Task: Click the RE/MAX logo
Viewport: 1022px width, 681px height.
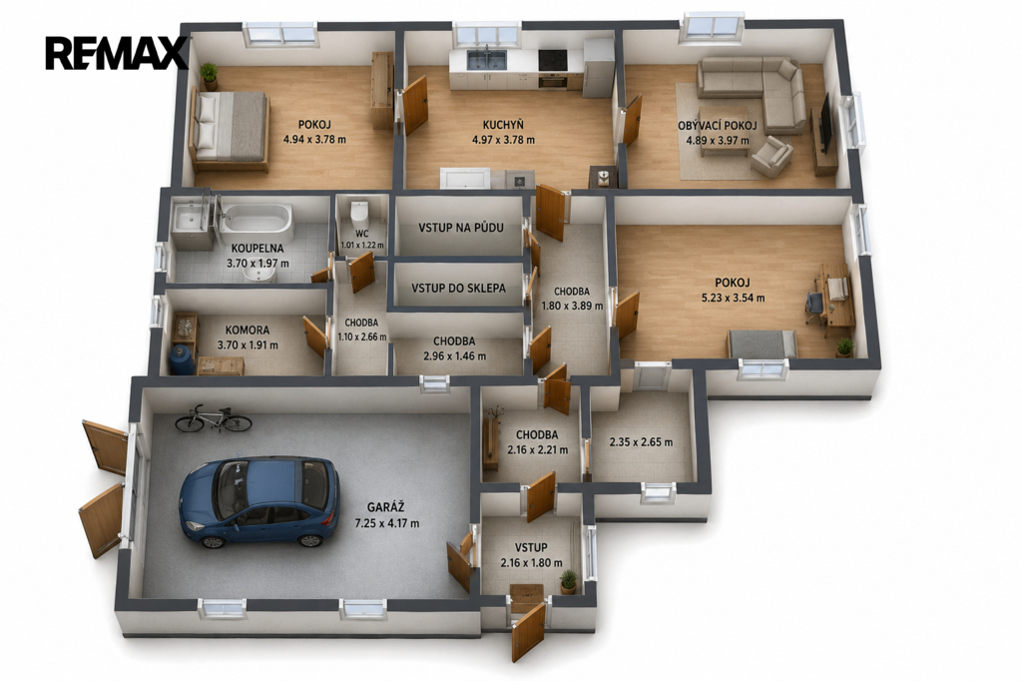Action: (x=116, y=53)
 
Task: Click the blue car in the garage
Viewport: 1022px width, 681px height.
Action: (x=259, y=502)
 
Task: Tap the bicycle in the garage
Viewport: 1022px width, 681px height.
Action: (x=214, y=418)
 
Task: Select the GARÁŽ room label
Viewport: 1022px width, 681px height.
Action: (x=386, y=507)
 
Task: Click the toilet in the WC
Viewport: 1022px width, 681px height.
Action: (x=359, y=212)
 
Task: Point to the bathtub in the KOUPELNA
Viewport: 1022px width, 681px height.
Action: (x=255, y=219)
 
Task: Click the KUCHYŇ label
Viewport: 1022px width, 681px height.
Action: (x=503, y=125)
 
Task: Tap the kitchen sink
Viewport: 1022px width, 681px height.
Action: (x=486, y=59)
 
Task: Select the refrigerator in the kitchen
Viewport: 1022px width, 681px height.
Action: (x=599, y=67)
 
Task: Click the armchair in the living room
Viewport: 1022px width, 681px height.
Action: (x=771, y=157)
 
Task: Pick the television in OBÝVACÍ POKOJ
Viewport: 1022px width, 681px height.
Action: (x=824, y=124)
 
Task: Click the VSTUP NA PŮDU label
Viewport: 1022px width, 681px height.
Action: (x=461, y=228)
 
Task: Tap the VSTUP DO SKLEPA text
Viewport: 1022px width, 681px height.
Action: (x=458, y=288)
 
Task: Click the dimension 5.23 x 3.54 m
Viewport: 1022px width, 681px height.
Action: (x=733, y=299)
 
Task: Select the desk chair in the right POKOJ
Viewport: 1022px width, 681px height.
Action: (x=814, y=306)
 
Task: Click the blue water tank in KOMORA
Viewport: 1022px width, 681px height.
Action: (x=182, y=360)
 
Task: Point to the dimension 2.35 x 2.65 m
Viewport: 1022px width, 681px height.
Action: (x=641, y=442)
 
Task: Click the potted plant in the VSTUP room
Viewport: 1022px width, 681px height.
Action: (x=568, y=582)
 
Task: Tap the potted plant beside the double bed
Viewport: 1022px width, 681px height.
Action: (x=210, y=76)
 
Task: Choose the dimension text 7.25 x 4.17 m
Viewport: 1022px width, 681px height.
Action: (x=386, y=523)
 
